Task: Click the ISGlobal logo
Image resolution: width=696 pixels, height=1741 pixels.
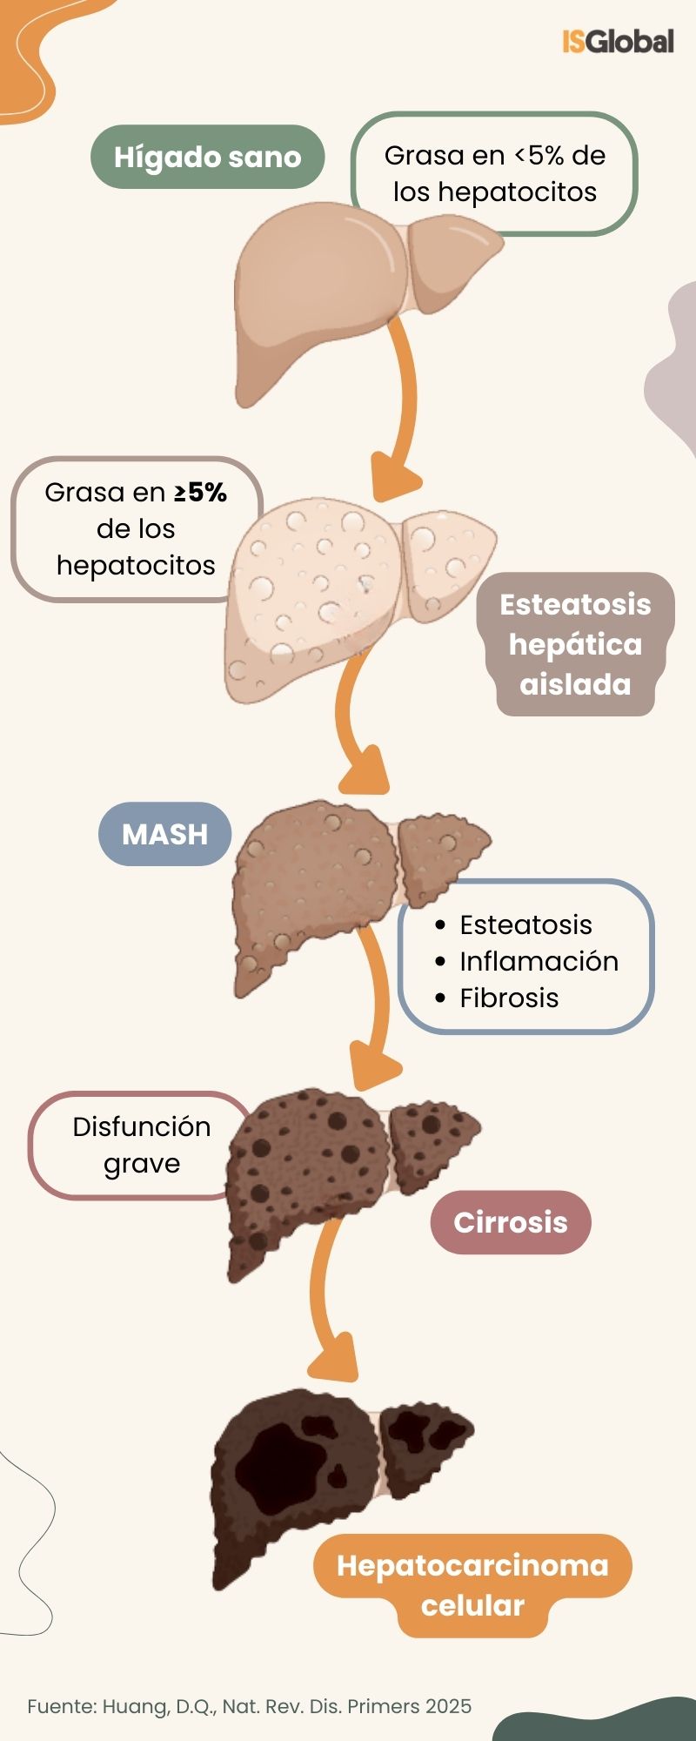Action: [618, 42]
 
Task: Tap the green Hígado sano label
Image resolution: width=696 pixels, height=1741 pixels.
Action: [207, 158]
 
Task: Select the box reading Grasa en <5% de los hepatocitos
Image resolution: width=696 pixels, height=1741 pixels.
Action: [494, 174]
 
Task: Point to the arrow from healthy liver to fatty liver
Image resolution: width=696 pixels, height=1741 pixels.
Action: [399, 409]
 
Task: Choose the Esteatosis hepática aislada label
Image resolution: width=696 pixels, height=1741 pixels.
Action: [575, 644]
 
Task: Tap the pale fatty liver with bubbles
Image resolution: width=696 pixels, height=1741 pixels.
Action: [331, 592]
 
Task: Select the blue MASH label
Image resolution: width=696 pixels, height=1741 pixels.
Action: [164, 834]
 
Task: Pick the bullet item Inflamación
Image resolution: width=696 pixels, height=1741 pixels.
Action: [539, 961]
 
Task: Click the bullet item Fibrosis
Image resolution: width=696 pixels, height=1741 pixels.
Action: [509, 998]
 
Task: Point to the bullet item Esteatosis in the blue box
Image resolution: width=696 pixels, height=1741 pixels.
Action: [525, 924]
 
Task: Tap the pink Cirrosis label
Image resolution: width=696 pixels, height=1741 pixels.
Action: [510, 1222]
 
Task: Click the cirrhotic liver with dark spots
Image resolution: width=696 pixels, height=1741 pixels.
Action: [313, 1166]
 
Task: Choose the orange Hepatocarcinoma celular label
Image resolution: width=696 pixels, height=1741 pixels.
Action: [472, 1585]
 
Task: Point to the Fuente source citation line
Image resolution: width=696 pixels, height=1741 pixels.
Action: [249, 1706]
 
